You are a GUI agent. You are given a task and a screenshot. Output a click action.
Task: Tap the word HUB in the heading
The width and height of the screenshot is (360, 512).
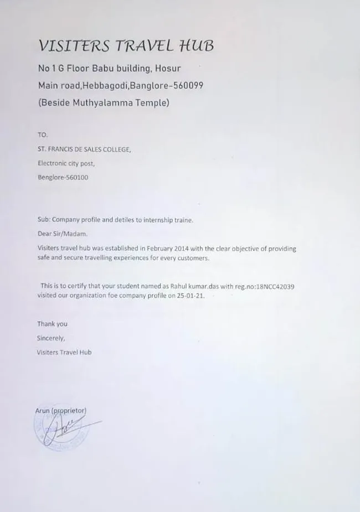point(198,45)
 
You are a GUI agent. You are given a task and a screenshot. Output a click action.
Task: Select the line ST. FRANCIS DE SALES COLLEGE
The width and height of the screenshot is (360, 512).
point(84,149)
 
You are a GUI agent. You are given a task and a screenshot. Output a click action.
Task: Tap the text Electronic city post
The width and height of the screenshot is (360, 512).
point(66,163)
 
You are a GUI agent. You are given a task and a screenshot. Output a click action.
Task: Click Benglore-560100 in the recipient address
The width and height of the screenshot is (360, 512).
point(63,178)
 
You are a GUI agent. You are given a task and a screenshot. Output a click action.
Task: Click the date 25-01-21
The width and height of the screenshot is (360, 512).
point(191,296)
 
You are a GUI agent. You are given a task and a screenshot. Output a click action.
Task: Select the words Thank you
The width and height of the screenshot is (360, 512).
point(52,324)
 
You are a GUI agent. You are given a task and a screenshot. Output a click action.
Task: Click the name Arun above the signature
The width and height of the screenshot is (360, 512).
point(43,411)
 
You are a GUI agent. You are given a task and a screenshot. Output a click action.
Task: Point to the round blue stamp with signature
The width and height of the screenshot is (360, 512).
point(61,429)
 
